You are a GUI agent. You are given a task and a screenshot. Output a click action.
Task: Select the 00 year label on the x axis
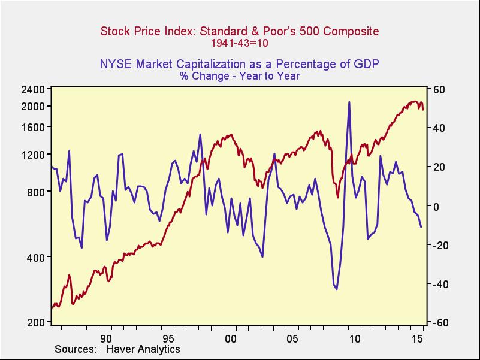pos(230,338)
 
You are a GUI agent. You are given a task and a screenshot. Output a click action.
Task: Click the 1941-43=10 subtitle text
pos(239,43)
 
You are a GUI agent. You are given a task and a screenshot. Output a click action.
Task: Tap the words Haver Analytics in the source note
pos(143,349)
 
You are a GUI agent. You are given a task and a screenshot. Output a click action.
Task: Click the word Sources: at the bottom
pos(76,349)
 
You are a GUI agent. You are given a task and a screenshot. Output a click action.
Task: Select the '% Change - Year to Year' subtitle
pos(239,76)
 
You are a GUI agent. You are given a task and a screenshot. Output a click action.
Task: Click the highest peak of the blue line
pos(349,102)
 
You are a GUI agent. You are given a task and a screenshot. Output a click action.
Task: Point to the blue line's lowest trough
pos(336,289)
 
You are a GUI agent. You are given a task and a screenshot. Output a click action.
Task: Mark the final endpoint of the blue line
pos(421,227)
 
